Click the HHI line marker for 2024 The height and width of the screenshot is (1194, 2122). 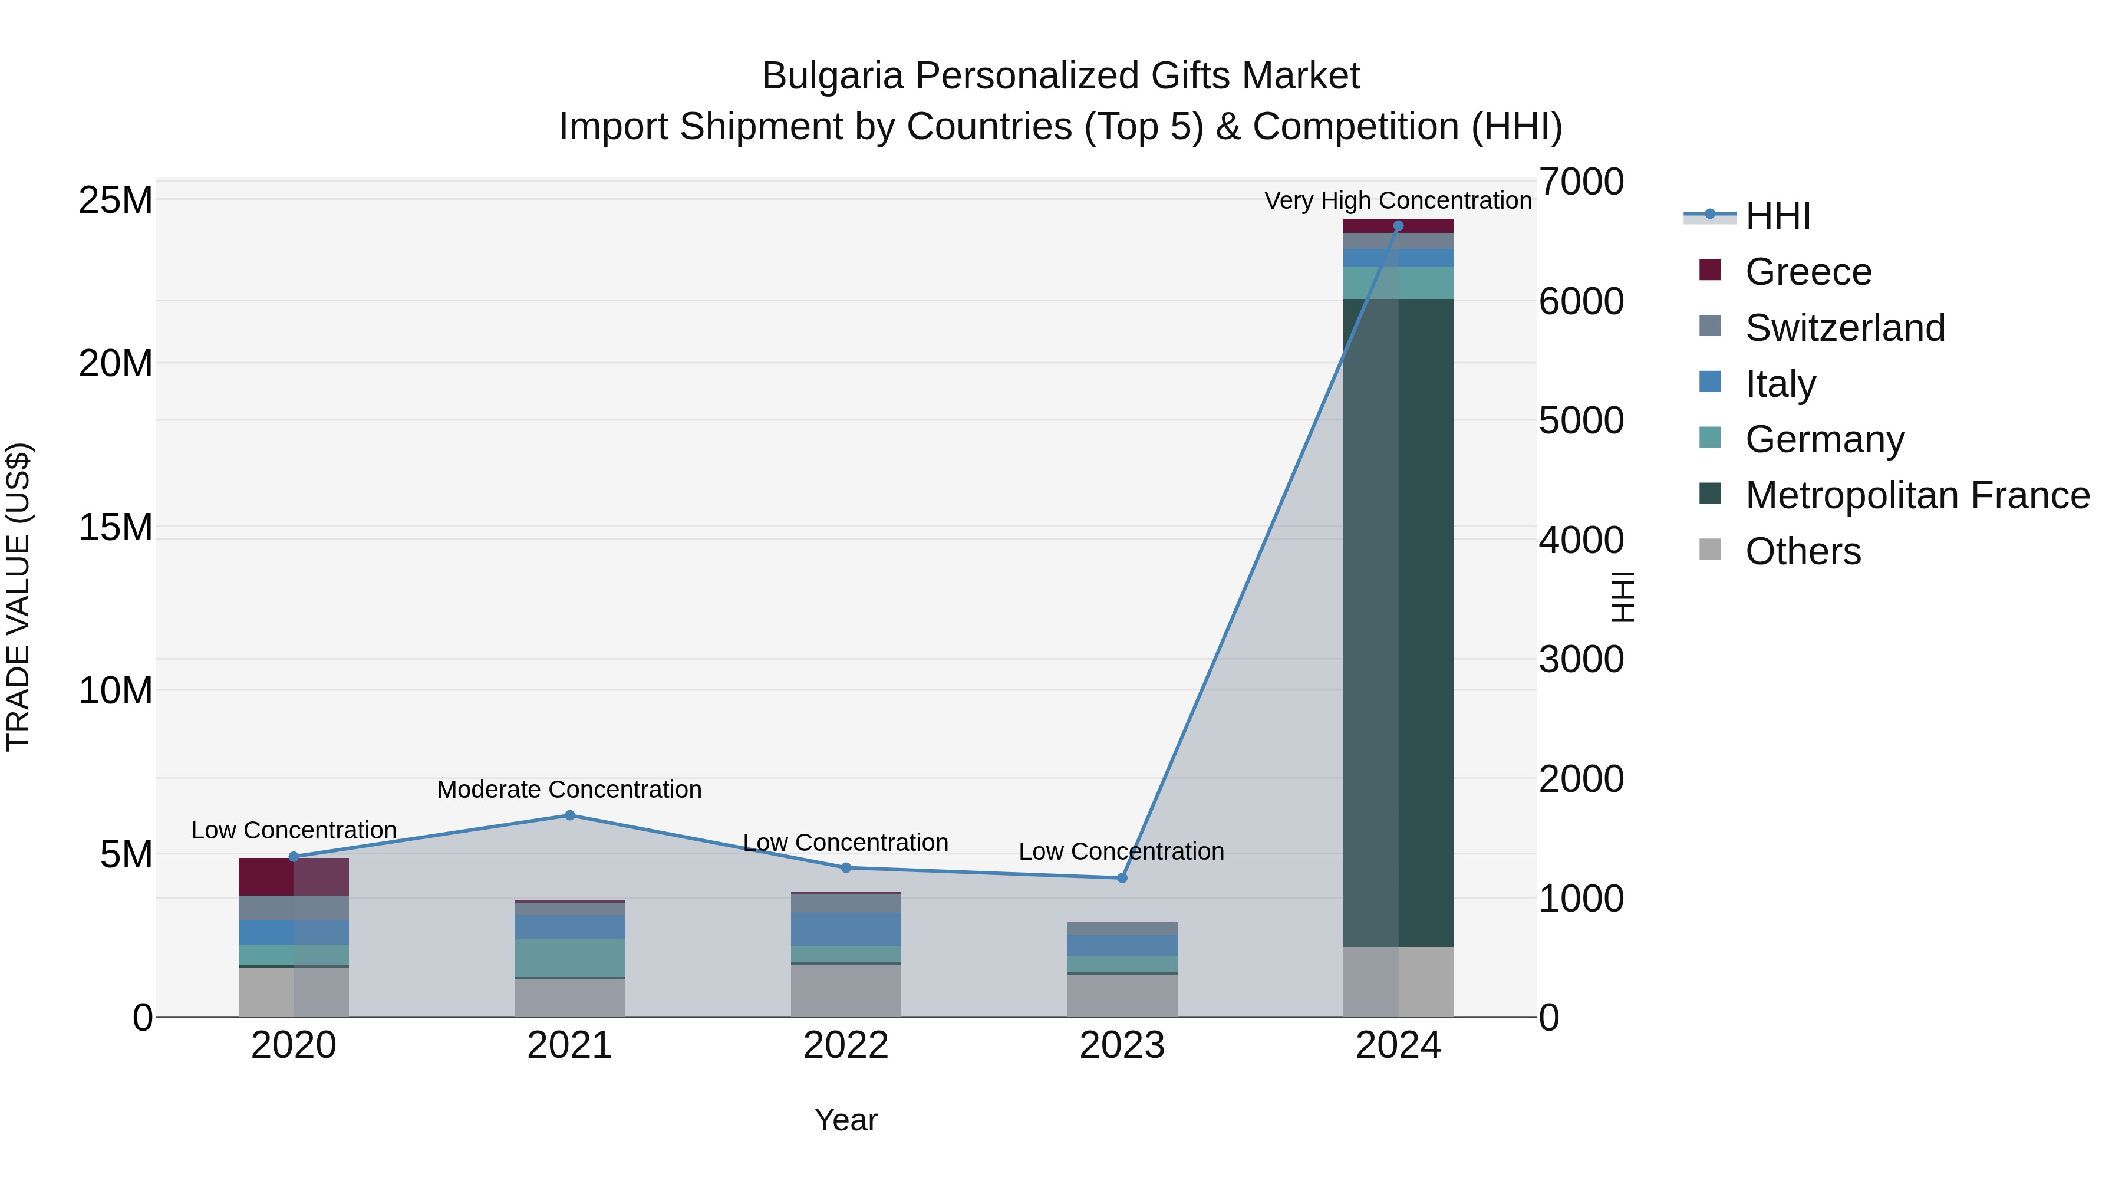tap(1398, 226)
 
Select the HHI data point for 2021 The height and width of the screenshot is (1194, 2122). tap(569, 816)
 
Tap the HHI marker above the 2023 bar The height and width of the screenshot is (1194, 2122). tap(1122, 879)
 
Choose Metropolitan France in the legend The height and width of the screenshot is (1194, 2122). tap(1916, 495)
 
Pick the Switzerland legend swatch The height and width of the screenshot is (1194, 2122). tap(1710, 326)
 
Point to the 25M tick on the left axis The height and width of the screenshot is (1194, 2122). tap(116, 200)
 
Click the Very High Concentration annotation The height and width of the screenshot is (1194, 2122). tap(1398, 200)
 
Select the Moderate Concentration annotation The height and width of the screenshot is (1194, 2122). tap(569, 790)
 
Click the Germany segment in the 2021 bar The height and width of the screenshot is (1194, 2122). tap(569, 958)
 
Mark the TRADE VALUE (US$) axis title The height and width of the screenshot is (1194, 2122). tap(18, 597)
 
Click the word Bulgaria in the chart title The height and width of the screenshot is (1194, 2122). tap(833, 76)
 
